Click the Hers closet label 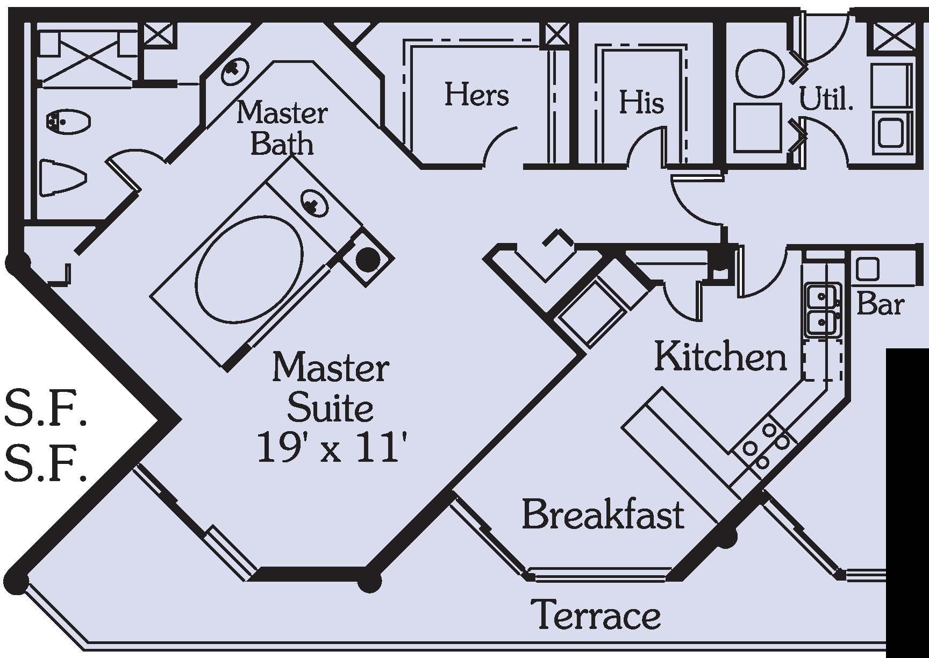click(476, 95)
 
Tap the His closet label click(641, 102)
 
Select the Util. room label click(826, 99)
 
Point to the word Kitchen click(720, 356)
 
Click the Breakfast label click(603, 514)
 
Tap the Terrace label click(596, 614)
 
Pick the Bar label click(880, 304)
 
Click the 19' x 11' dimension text click(330, 448)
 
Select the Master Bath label click(282, 128)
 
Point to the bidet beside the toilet click(68, 121)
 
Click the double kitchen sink click(822, 310)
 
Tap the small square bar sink click(867, 269)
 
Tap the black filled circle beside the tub click(368, 260)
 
